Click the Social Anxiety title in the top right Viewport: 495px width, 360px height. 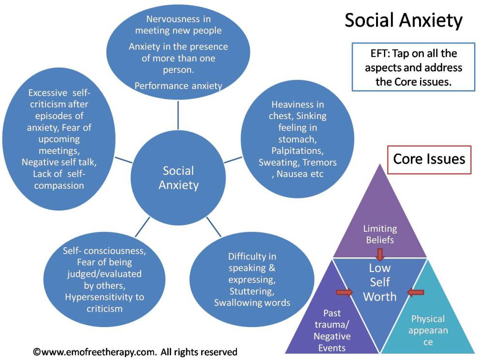coord(403,21)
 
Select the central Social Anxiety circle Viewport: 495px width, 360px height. coord(178,178)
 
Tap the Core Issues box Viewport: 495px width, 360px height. coord(429,159)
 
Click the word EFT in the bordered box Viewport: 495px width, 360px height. coord(376,53)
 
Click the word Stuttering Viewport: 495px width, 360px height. coord(252,291)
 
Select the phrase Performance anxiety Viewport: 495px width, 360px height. coord(178,86)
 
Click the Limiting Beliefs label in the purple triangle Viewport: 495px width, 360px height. coord(380,234)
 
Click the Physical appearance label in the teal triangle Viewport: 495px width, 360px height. coord(428,330)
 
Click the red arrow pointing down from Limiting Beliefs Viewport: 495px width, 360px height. coord(380,254)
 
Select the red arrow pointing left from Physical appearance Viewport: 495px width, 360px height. coord(415,292)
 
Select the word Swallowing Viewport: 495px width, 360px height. coord(238,303)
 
